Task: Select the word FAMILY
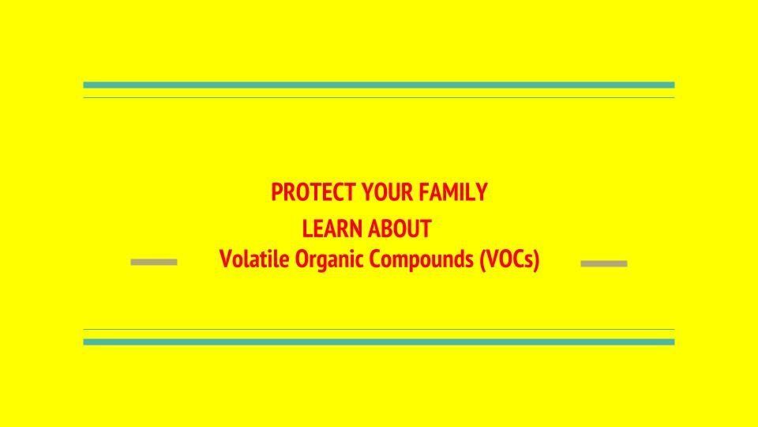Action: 453,192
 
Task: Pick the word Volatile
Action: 255,259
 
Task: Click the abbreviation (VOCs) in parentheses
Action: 509,259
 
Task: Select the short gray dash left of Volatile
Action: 154,262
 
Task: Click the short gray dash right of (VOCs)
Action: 604,264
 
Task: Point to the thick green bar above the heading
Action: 379,85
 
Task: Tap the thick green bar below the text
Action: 379,342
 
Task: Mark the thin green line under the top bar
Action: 379,98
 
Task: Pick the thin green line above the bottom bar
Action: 379,330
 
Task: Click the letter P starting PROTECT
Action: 276,192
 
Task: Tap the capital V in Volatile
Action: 226,259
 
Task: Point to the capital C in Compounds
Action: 375,259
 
